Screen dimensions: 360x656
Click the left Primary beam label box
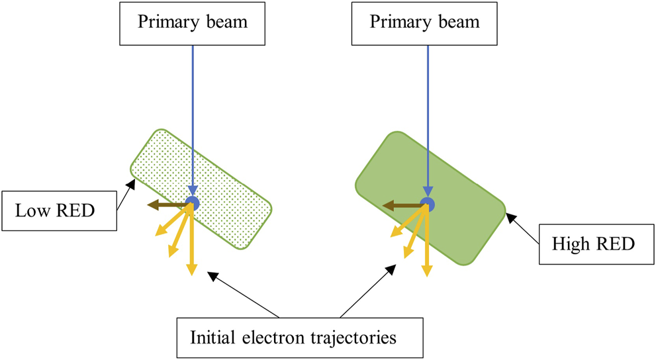(x=192, y=22)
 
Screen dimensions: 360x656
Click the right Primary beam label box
(x=424, y=22)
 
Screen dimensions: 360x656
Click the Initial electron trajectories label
(x=293, y=337)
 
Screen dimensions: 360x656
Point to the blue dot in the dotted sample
(x=192, y=203)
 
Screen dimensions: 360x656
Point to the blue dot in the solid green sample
(x=427, y=204)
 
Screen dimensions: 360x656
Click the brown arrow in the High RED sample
(x=402, y=206)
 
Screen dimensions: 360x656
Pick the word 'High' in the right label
(x=575, y=244)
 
